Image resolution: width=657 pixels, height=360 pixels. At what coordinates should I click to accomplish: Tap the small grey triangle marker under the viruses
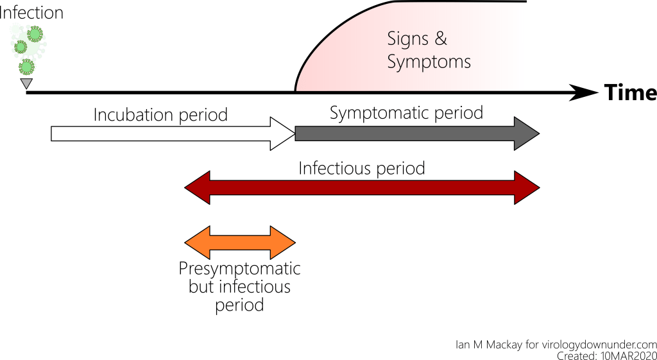[26, 83]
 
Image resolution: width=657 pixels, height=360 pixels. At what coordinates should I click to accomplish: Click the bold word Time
[630, 93]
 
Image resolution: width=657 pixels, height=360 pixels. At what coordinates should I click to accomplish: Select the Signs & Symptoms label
[429, 50]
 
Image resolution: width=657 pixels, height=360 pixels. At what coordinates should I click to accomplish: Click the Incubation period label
[160, 115]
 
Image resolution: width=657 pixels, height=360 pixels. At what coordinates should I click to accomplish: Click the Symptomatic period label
[406, 113]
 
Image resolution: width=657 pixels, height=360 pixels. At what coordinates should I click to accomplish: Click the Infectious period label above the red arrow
[362, 169]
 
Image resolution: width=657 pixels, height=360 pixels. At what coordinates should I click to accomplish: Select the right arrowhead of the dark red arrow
[527, 188]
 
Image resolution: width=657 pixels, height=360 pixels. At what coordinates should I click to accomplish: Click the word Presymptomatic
[239, 268]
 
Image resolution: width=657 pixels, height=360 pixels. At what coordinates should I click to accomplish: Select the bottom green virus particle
[26, 67]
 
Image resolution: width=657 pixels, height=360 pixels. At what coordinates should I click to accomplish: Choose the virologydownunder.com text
[595, 344]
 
